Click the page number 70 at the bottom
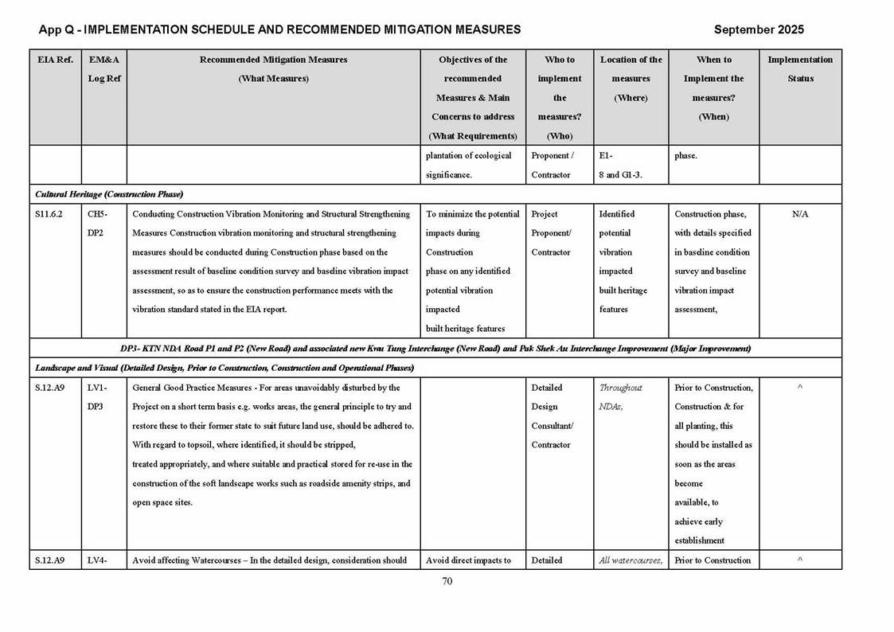click(x=447, y=581)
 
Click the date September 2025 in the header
click(x=759, y=29)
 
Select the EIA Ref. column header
click(x=55, y=60)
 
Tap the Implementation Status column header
click(x=800, y=68)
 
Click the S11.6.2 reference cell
click(x=49, y=214)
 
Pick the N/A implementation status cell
click(x=800, y=214)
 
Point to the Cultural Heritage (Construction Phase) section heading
click(x=109, y=195)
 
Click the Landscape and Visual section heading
click(x=224, y=368)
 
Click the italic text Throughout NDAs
click(x=620, y=397)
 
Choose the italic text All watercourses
click(x=630, y=560)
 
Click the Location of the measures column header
click(x=630, y=78)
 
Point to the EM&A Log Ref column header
click(x=104, y=68)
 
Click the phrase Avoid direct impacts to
click(x=468, y=560)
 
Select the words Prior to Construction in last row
click(x=712, y=560)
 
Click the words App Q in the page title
click(x=57, y=29)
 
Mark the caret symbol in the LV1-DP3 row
click(x=800, y=388)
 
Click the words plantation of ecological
click(x=468, y=156)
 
